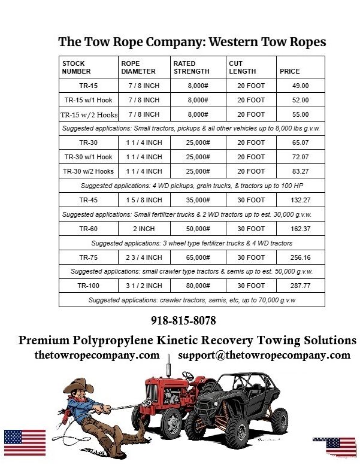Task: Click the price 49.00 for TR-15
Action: [300, 86]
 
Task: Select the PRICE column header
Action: [290, 71]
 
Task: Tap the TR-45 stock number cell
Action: [89, 200]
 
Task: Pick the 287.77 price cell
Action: [300, 286]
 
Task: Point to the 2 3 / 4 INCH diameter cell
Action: [144, 257]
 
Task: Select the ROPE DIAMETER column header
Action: [138, 67]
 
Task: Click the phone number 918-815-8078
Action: [183, 320]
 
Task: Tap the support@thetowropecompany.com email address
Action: [264, 355]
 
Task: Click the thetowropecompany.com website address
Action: [97, 355]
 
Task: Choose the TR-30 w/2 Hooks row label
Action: [89, 171]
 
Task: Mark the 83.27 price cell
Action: [300, 171]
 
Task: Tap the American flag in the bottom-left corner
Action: [25, 442]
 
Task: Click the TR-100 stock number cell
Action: [89, 286]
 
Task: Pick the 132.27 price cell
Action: [300, 200]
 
